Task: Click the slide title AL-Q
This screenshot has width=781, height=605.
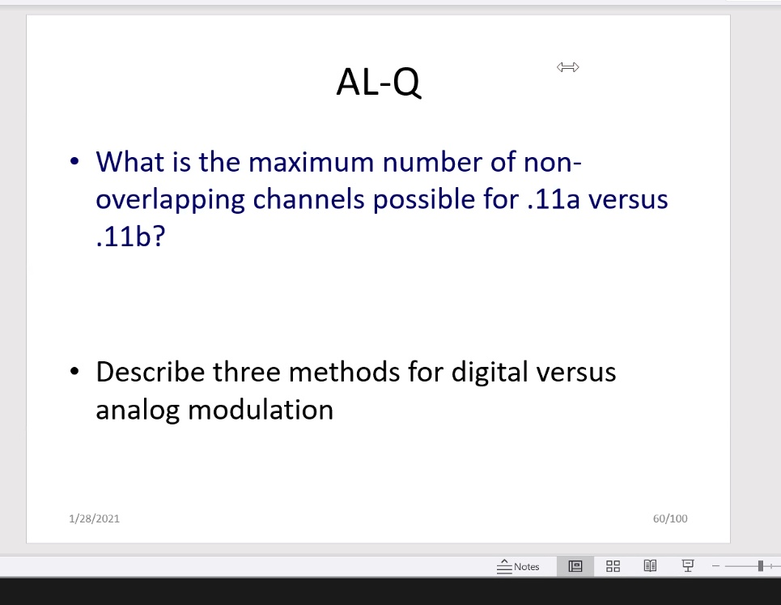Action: click(378, 82)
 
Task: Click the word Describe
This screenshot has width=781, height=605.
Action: click(151, 372)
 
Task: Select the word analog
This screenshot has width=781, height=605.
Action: click(138, 410)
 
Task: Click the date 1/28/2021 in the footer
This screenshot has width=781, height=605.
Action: click(95, 518)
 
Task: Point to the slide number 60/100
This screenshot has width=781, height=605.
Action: click(670, 518)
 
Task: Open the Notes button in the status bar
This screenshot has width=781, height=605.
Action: click(519, 566)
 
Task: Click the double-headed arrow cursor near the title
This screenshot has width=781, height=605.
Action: click(568, 67)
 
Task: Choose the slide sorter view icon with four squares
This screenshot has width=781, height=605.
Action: click(613, 566)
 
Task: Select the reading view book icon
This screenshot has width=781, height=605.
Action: click(649, 566)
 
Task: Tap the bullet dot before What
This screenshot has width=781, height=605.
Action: click(74, 162)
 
